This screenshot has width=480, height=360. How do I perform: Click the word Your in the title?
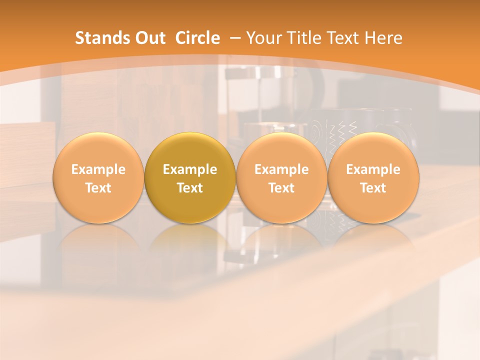pos(263,38)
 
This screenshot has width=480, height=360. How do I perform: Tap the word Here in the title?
pos(383,38)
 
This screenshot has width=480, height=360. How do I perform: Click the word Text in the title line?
pos(343,38)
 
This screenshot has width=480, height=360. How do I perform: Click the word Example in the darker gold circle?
pos(190,169)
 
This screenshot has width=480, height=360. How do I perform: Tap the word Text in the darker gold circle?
pos(190,188)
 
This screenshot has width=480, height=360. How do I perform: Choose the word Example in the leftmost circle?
pos(98,169)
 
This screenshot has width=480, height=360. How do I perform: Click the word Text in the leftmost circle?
pos(98,188)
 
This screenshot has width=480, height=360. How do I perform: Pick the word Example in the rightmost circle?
pos(373,169)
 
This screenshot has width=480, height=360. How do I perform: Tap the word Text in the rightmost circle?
pos(373,188)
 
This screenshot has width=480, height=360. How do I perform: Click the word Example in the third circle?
pos(281,169)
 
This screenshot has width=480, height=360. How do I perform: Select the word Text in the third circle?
pos(281,188)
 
